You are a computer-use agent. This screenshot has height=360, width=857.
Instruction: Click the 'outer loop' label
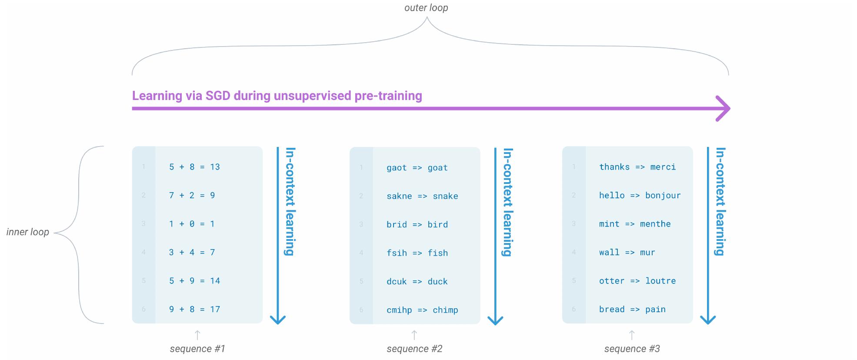pos(426,8)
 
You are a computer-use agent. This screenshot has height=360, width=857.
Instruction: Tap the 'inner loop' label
pos(27,232)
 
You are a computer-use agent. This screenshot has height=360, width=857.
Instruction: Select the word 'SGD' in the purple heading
pos(218,96)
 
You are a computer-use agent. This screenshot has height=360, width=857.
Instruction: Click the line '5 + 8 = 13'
pos(194,167)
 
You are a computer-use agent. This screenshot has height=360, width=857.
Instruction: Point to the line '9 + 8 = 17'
pos(194,310)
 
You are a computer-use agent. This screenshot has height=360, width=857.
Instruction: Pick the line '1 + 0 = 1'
pos(192,224)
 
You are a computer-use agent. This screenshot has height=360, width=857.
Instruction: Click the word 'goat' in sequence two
pos(437,168)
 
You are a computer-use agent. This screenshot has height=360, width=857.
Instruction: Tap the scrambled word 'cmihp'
pos(399,310)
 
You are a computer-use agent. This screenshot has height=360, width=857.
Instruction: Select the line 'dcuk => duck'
pos(417,282)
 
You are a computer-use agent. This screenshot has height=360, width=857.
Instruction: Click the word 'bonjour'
pos(663,196)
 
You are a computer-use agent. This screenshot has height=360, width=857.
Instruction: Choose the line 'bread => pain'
pos(632,310)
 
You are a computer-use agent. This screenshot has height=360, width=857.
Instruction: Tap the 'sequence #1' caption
pos(197,349)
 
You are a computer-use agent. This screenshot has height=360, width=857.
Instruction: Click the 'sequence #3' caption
pos(632,349)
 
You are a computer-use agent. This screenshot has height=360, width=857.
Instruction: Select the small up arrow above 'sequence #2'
pos(414,335)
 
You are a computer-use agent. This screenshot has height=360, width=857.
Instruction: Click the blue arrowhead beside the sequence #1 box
pos(278,320)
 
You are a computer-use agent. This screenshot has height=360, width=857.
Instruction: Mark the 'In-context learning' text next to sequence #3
pos(720,201)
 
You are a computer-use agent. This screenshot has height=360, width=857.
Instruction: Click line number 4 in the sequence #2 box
pos(361,253)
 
